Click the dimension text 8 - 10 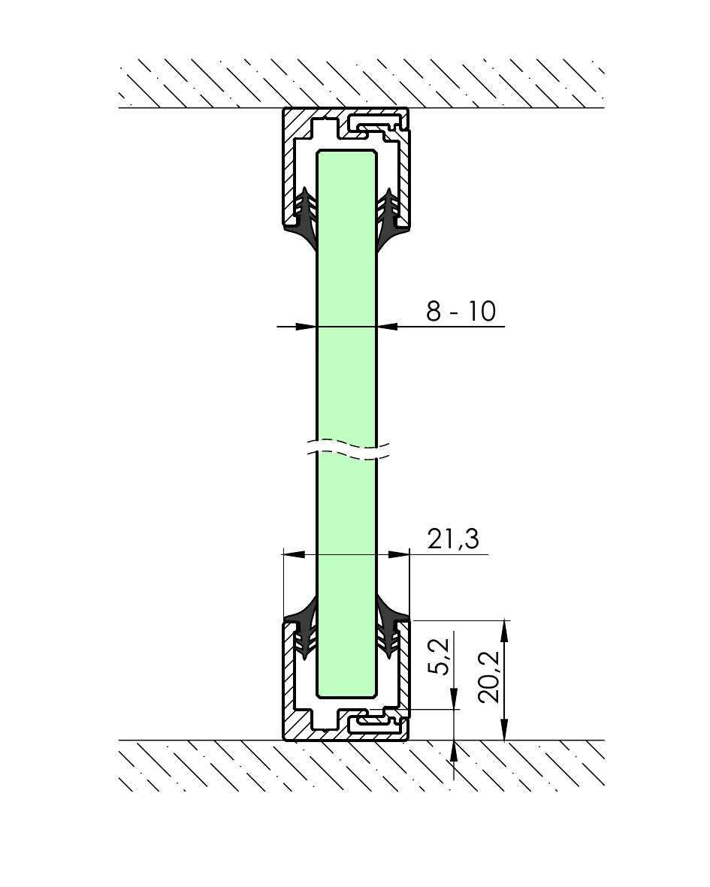pyautogui.click(x=461, y=311)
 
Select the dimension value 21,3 pyautogui.click(x=452, y=539)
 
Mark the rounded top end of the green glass pyautogui.click(x=346, y=153)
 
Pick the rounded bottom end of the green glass pyautogui.click(x=346, y=692)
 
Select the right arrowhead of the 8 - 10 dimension pyautogui.click(x=387, y=327)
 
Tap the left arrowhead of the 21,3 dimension pyautogui.click(x=294, y=555)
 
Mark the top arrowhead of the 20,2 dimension pyautogui.click(x=505, y=630)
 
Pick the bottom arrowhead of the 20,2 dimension pyautogui.click(x=505, y=731)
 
